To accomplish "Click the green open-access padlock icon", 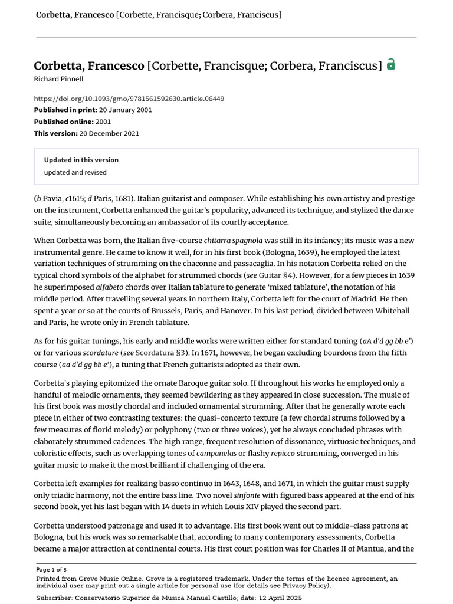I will (x=390, y=65).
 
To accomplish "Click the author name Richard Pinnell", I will (x=59, y=79).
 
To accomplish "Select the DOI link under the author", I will (x=129, y=99).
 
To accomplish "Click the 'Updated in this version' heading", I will (x=81, y=160).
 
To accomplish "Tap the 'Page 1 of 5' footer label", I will (x=51, y=570).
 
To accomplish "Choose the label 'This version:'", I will (x=55, y=133).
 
